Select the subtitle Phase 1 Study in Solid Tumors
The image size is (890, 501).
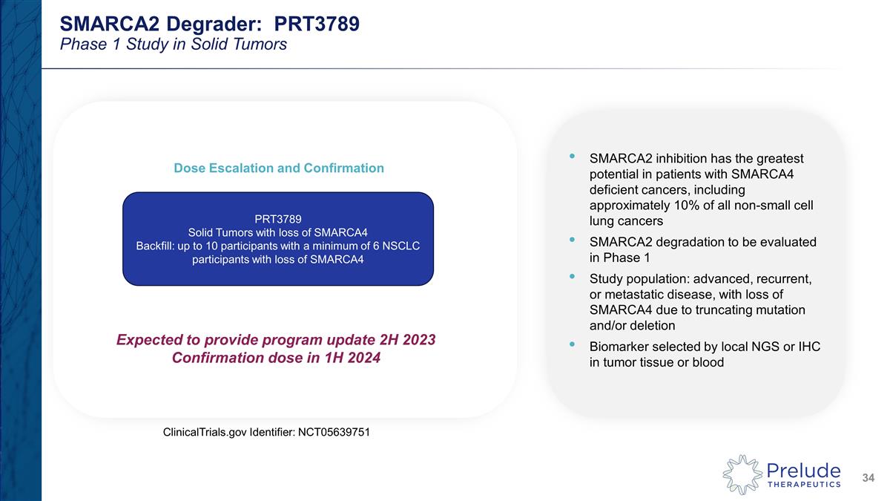(x=173, y=45)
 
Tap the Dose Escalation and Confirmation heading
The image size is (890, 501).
(x=278, y=168)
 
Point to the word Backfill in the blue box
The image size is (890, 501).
(x=158, y=246)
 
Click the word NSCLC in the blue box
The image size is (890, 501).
(x=403, y=246)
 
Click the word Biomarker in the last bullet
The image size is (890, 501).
(x=616, y=347)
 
